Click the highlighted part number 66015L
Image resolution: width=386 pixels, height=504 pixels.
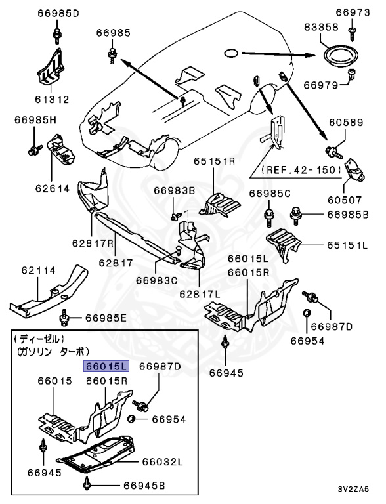point(106,367)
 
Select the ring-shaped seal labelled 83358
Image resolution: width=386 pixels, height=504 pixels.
point(341,52)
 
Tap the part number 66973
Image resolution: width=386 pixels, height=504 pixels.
point(353,12)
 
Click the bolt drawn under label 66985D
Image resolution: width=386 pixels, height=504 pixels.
point(58,34)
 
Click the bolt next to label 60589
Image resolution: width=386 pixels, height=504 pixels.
point(337,152)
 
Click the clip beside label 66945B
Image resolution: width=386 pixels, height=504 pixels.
point(87,485)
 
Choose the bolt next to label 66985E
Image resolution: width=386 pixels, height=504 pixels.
point(64,318)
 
